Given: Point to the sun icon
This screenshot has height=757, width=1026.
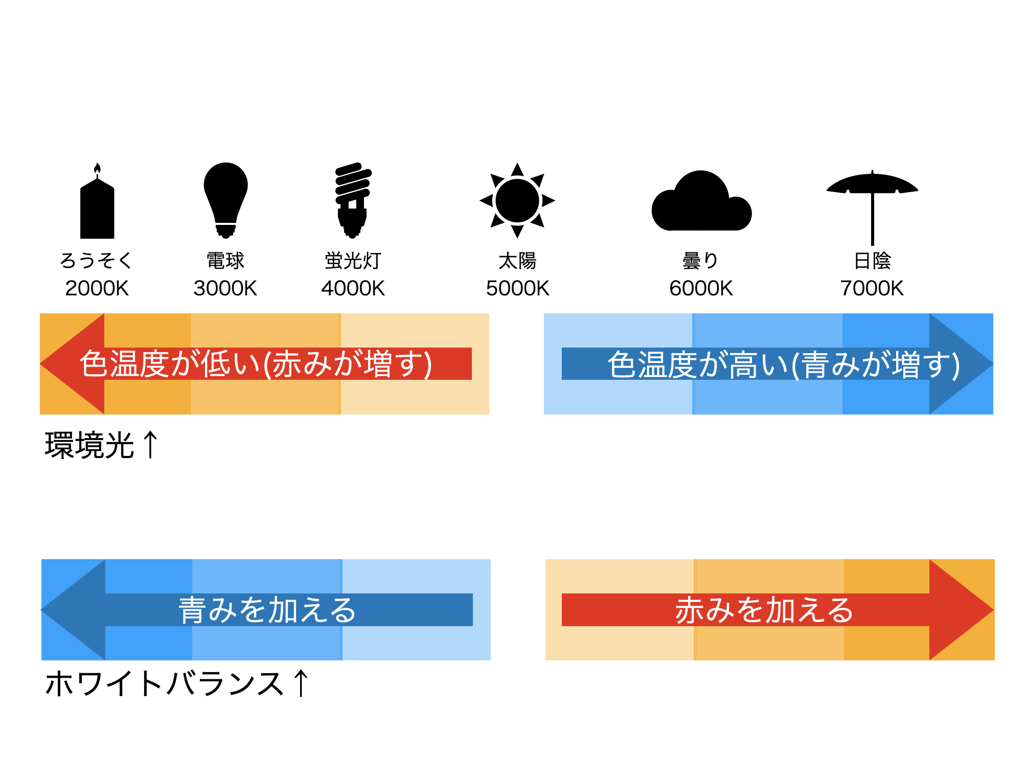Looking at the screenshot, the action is tap(517, 200).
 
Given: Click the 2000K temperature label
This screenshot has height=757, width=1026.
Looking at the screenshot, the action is tap(97, 288).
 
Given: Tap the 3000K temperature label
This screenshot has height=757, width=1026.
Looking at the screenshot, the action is tap(225, 288).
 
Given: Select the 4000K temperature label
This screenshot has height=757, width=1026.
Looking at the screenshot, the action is tap(353, 288).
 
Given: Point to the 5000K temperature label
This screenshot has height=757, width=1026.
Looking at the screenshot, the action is tap(517, 288).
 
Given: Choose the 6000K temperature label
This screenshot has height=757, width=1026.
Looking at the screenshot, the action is tap(701, 288).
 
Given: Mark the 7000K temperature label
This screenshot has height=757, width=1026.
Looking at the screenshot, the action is tap(872, 288).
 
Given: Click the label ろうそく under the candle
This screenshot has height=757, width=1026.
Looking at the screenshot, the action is tap(97, 261).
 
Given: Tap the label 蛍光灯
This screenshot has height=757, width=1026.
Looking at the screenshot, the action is tap(353, 261).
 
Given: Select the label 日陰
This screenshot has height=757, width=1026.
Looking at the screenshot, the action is tap(872, 261).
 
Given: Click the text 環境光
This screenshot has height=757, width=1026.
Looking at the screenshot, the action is tap(89, 445).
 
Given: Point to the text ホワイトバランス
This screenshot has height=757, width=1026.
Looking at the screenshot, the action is tap(165, 683).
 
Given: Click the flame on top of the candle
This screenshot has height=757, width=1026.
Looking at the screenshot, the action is tap(97, 169).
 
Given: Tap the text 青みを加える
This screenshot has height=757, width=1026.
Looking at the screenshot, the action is tap(267, 610).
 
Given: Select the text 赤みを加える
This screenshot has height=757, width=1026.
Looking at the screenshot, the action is tap(764, 610).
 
